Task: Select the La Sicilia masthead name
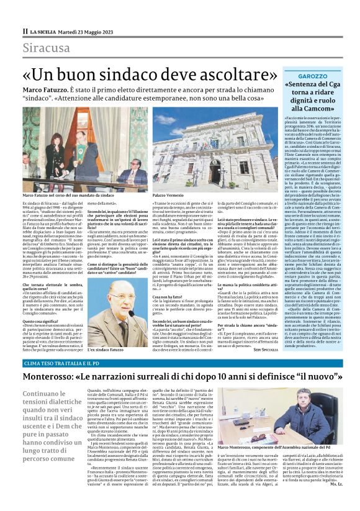[x=50, y=30]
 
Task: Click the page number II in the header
[x=25, y=30]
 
